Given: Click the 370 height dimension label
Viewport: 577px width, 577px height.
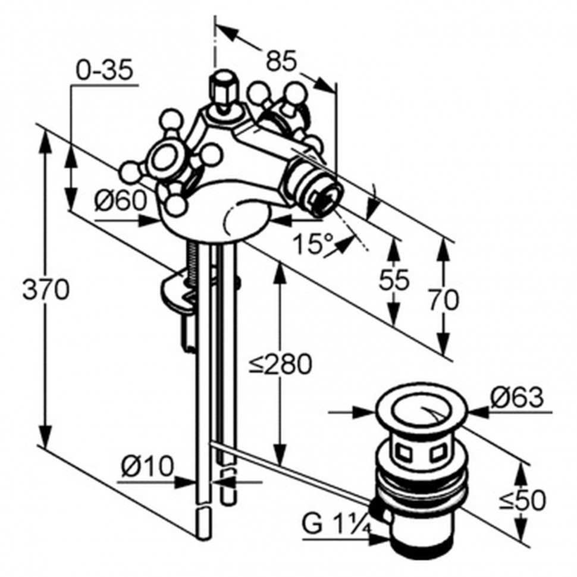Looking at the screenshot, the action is click(46, 289).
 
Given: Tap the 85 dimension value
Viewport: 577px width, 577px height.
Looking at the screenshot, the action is click(281, 61).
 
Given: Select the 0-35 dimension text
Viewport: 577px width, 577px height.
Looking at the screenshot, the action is click(105, 70).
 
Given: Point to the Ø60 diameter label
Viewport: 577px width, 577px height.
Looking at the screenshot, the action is click(121, 201).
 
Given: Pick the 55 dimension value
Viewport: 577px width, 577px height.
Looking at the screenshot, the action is click(394, 280).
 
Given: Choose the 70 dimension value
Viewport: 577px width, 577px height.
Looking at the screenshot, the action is click(443, 300).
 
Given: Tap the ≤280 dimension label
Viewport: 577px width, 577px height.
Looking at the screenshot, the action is click(280, 364).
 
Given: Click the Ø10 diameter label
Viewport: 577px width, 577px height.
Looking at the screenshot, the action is click(147, 466).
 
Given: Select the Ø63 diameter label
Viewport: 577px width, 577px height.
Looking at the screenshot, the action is click(518, 397).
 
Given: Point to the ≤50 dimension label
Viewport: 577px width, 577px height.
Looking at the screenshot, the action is click(522, 500).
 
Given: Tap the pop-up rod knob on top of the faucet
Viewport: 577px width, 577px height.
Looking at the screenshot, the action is click(224, 89).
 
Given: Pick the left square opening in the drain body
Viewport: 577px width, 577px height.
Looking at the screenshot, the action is click(404, 452).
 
